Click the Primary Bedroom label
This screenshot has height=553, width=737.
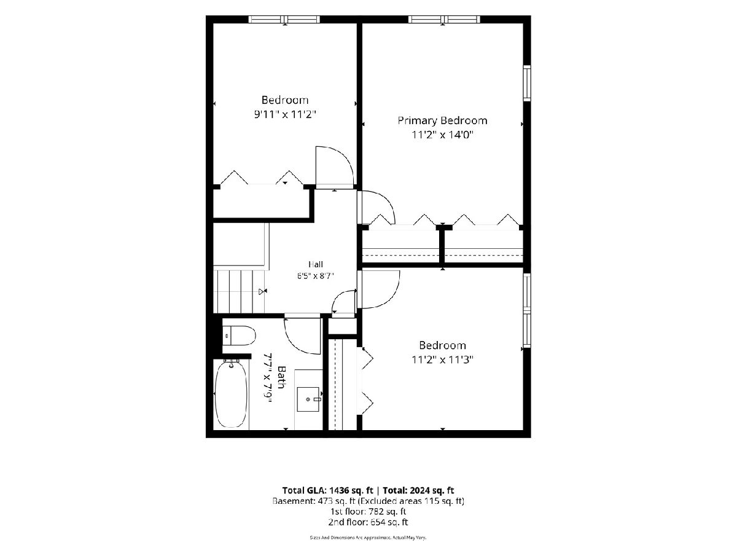click(x=442, y=120)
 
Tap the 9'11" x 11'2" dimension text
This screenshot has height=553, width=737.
click(x=285, y=115)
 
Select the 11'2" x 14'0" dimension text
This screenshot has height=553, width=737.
click(x=442, y=135)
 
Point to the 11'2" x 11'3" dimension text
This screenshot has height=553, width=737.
click(x=442, y=360)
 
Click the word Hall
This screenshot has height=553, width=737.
click(x=316, y=264)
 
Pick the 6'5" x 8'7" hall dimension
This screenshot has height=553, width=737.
click(x=315, y=276)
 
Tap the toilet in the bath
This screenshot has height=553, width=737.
click(x=239, y=335)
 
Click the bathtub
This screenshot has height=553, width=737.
click(x=232, y=393)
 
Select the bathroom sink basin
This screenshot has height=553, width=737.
click(x=308, y=399)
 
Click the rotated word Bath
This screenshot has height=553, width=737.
click(x=281, y=377)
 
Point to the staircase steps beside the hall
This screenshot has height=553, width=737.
click(x=239, y=291)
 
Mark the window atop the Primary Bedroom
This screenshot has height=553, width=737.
click(x=444, y=20)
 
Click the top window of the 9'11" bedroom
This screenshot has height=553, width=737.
click(x=284, y=20)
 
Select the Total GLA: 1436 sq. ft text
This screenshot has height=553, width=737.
click(x=327, y=490)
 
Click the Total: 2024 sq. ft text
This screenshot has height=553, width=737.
click(x=418, y=490)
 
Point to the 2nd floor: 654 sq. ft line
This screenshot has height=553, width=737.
click(x=368, y=522)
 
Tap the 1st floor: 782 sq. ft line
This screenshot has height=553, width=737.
click(x=368, y=511)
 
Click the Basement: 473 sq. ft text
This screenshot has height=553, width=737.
click(x=313, y=501)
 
